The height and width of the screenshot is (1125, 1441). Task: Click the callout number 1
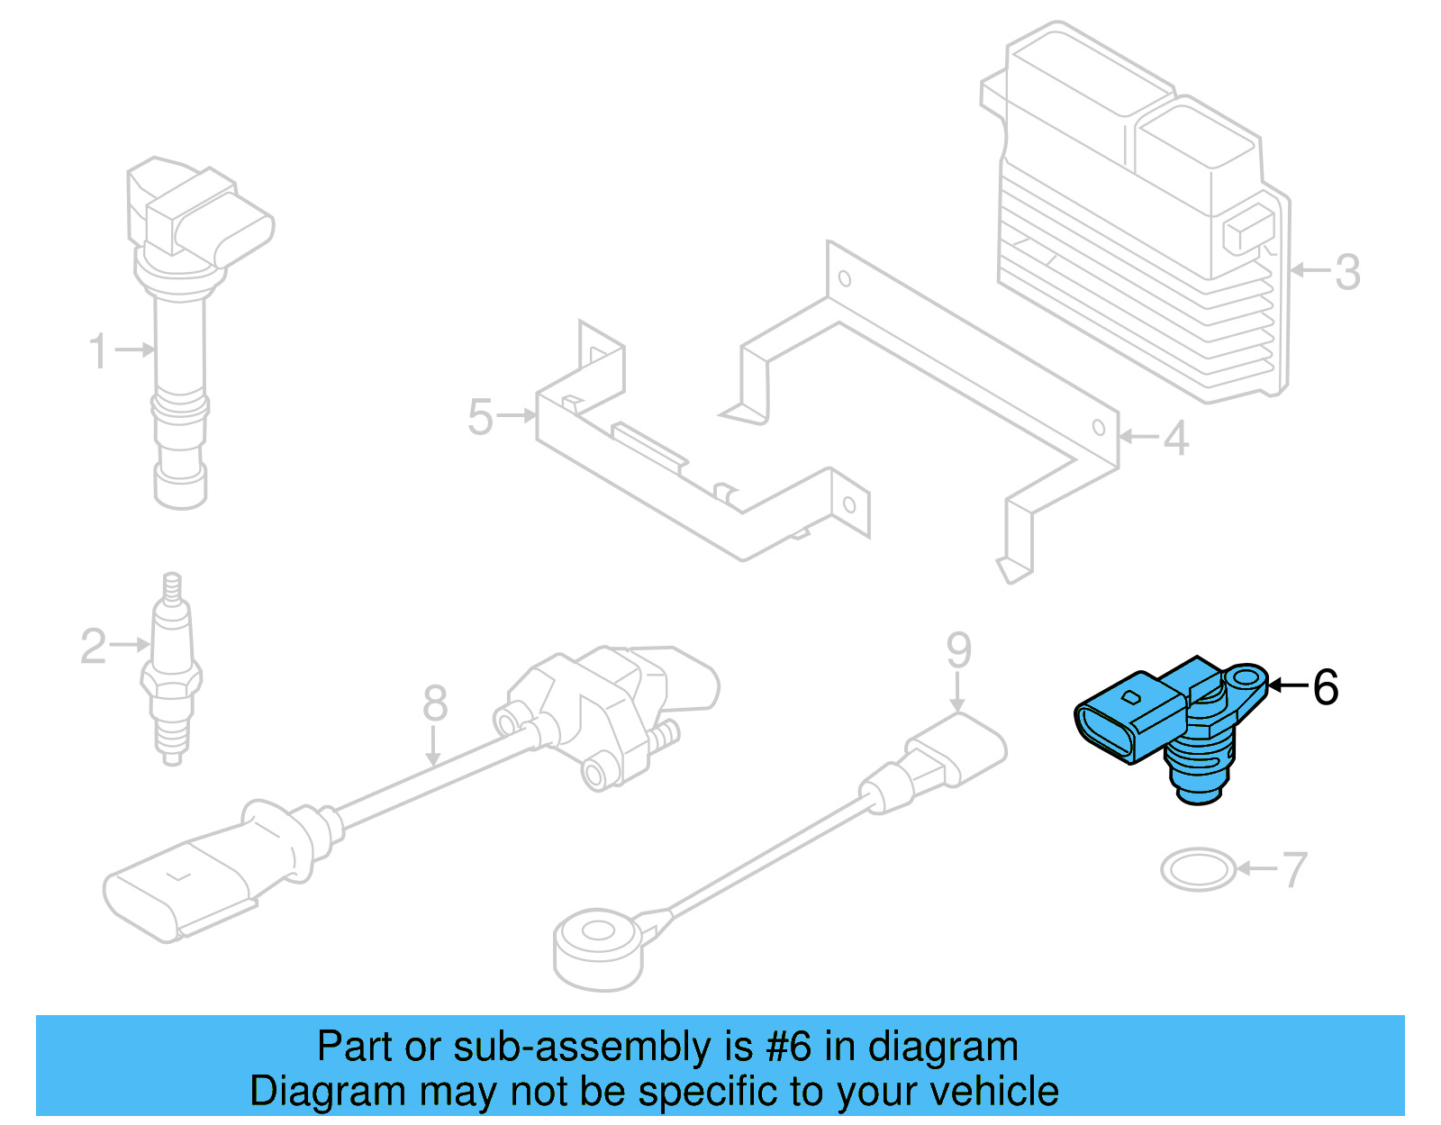(x=98, y=350)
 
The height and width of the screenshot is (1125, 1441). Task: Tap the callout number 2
(x=93, y=646)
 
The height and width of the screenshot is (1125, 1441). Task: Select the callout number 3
(x=1346, y=271)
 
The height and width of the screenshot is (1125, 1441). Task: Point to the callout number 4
(x=1176, y=439)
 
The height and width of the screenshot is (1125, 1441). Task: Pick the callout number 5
(x=480, y=417)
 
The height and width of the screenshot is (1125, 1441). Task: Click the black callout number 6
(x=1326, y=687)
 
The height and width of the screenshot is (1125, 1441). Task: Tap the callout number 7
(x=1293, y=870)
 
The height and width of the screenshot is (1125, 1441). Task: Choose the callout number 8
(x=435, y=703)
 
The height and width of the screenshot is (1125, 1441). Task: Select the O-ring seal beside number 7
(x=1198, y=870)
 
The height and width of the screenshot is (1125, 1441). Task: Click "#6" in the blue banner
(x=788, y=1047)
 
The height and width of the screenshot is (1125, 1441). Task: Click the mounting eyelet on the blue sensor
(x=1246, y=676)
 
